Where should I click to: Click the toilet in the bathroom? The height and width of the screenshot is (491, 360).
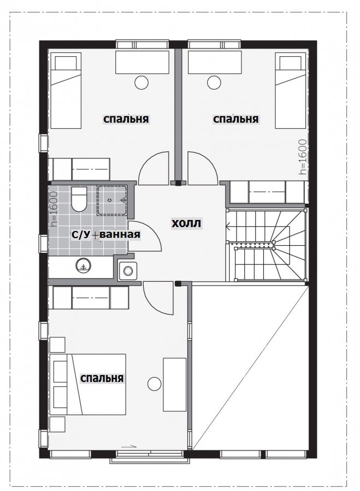pyautogui.click(x=79, y=199)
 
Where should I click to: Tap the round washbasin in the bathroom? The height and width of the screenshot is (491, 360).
pyautogui.click(x=84, y=266)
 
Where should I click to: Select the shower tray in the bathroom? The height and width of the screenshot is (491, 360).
pyautogui.click(x=112, y=200)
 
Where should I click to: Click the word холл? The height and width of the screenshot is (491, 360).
pyautogui.click(x=186, y=223)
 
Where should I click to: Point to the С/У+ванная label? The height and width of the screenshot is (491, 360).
pyautogui.click(x=105, y=234)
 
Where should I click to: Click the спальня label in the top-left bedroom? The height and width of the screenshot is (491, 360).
pyautogui.click(x=126, y=119)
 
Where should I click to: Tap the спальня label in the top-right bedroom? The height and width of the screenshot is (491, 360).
pyautogui.click(x=235, y=119)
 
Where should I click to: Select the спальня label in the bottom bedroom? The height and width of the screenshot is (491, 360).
pyautogui.click(x=102, y=378)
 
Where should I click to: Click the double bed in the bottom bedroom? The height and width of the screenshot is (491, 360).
pyautogui.click(x=88, y=384)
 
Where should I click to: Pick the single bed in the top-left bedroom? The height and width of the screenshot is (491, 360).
pyautogui.click(x=66, y=91)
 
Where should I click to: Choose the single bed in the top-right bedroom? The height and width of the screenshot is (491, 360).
pyautogui.click(x=291, y=91)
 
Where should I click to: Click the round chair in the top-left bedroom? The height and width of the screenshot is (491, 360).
pyautogui.click(x=141, y=82)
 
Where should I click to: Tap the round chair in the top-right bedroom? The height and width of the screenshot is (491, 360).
pyautogui.click(x=214, y=82)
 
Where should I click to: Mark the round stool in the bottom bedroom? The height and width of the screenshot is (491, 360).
pyautogui.click(x=155, y=383)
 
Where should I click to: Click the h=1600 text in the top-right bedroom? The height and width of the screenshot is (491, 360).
pyautogui.click(x=303, y=157)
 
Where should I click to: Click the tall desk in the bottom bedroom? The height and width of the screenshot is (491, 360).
pyautogui.click(x=174, y=384)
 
